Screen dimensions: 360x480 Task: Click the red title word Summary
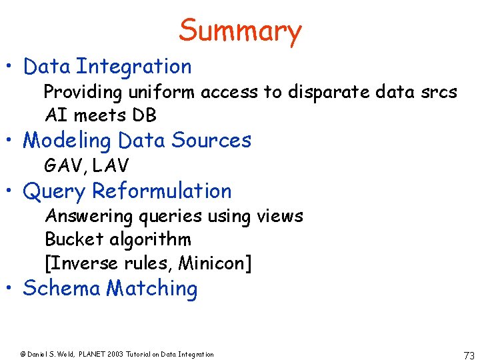240,31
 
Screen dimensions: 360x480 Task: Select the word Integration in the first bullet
133,67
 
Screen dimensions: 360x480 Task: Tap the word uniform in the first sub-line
165,92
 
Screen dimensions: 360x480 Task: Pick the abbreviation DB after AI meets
144,115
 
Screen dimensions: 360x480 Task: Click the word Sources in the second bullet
211,141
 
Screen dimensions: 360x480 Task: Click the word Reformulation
162,191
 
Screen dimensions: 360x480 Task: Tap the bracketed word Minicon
215,263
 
